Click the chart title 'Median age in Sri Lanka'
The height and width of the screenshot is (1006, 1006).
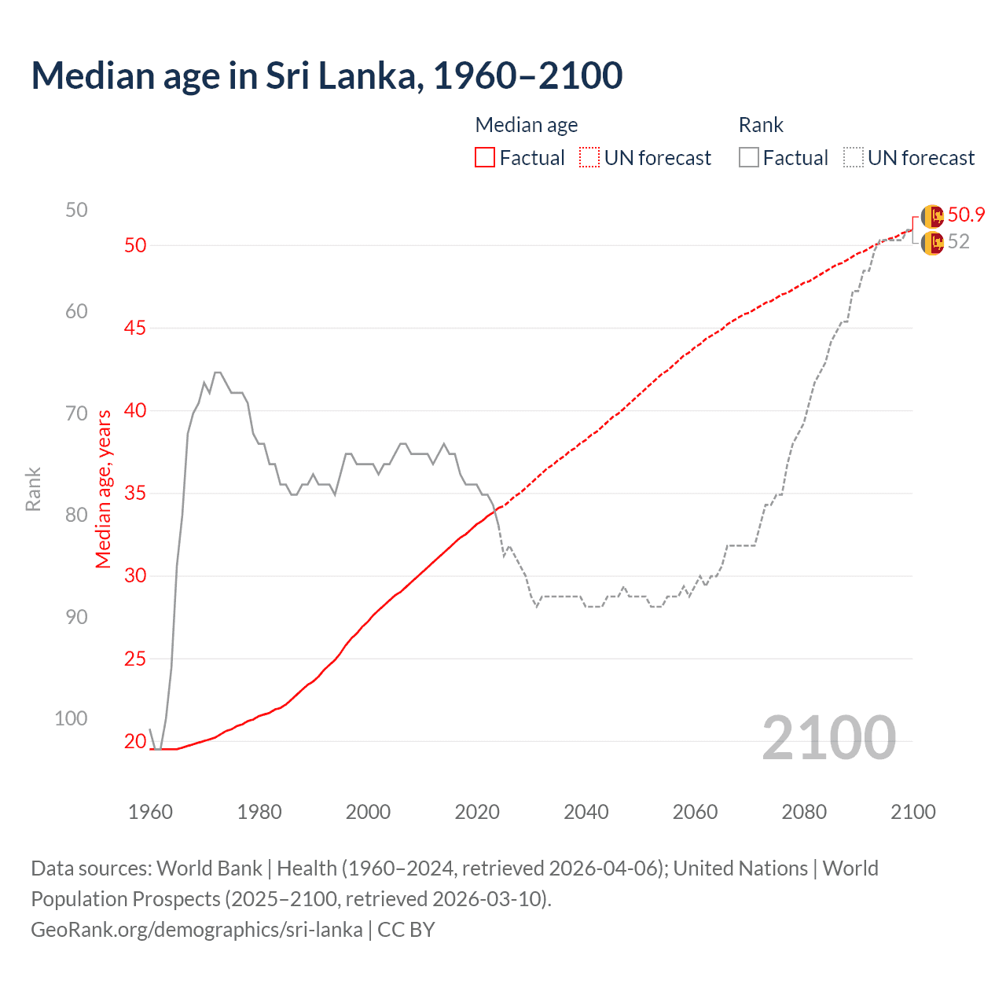[x=326, y=76]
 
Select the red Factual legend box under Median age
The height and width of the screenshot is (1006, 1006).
[x=485, y=158]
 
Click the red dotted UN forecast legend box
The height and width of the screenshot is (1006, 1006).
[x=589, y=158]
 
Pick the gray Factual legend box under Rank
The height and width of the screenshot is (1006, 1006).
[x=749, y=158]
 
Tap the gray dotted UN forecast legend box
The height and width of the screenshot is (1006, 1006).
[x=853, y=158]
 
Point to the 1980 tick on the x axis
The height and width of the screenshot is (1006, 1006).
[x=259, y=812]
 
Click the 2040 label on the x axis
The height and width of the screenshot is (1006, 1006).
[x=586, y=812]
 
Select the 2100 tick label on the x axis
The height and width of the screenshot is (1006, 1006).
[x=912, y=812]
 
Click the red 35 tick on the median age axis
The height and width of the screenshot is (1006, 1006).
[x=135, y=494]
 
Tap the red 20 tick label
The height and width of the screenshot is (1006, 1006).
[x=135, y=741]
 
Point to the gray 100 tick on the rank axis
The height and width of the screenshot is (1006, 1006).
[x=71, y=718]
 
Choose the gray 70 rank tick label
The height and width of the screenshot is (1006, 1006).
[x=76, y=413]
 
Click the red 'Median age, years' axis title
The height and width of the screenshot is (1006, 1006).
[x=104, y=489]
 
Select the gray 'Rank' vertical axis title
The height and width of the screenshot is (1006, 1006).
[x=33, y=489]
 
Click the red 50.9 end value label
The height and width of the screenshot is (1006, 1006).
[x=966, y=215]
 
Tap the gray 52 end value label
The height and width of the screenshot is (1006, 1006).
[x=958, y=242]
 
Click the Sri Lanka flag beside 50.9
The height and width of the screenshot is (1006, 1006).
[x=932, y=216]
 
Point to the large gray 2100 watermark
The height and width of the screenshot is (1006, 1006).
[x=828, y=738]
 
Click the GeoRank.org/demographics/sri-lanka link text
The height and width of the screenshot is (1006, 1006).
[x=196, y=930]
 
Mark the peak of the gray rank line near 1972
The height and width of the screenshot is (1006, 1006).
[x=218, y=373]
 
